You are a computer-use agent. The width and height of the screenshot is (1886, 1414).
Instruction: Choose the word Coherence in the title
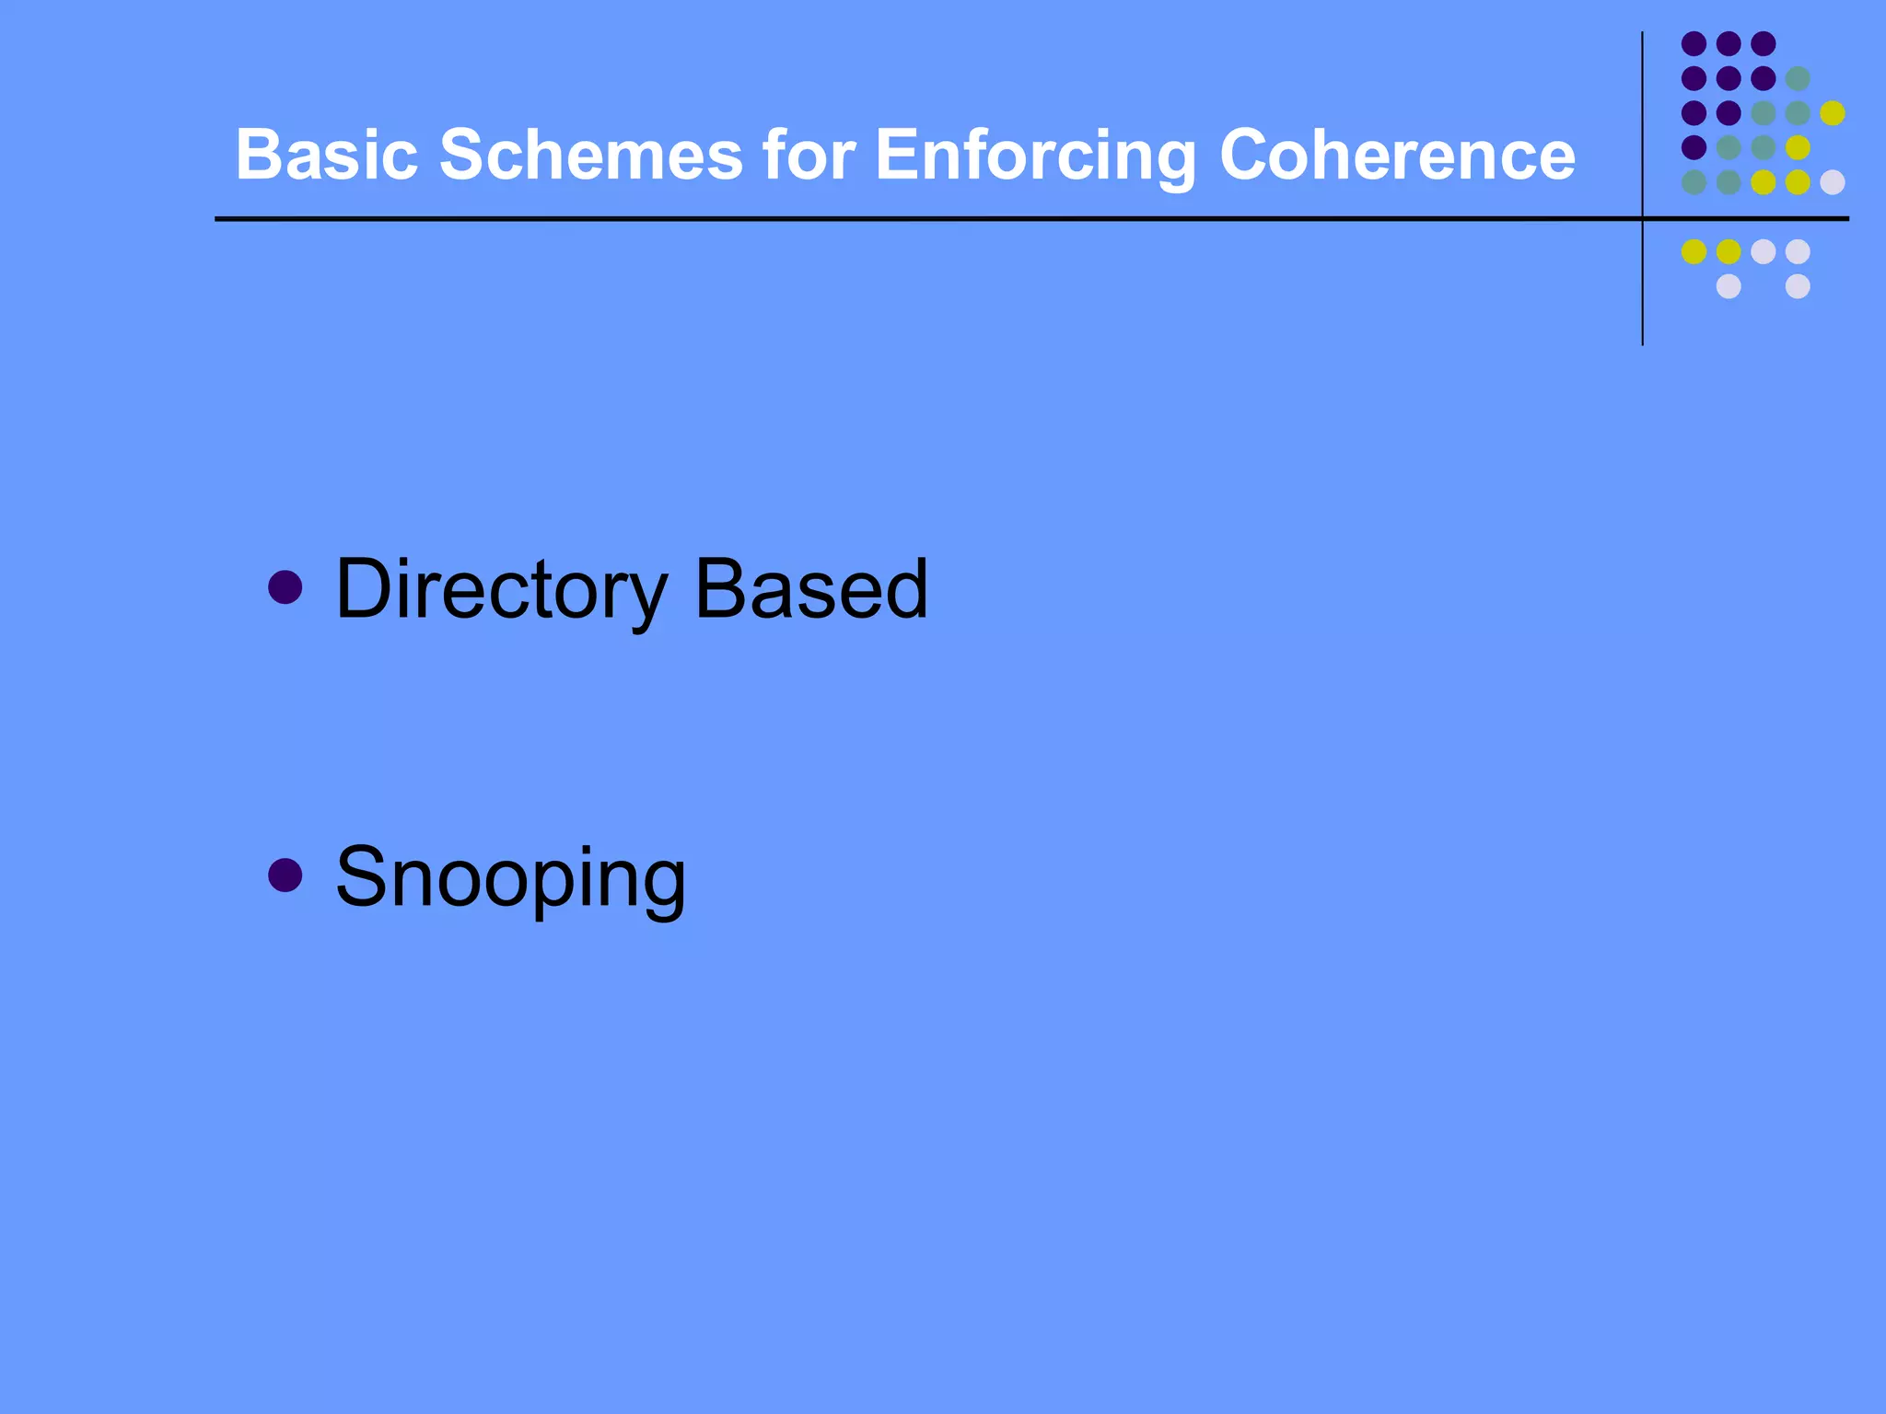click(1397, 155)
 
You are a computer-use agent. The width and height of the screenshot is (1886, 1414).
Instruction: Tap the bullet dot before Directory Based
click(285, 587)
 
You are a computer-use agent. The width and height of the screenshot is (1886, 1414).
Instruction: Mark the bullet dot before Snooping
click(285, 875)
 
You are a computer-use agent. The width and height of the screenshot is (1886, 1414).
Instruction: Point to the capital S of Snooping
click(360, 876)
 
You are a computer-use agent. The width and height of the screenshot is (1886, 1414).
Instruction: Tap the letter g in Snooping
click(660, 886)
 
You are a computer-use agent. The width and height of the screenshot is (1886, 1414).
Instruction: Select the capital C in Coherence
click(1247, 155)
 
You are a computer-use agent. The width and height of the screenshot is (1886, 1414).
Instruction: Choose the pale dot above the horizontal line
click(1833, 182)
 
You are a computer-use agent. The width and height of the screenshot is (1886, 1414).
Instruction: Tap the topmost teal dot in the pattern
click(1798, 78)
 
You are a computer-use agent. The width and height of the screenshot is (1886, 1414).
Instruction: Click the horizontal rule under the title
click(921, 219)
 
